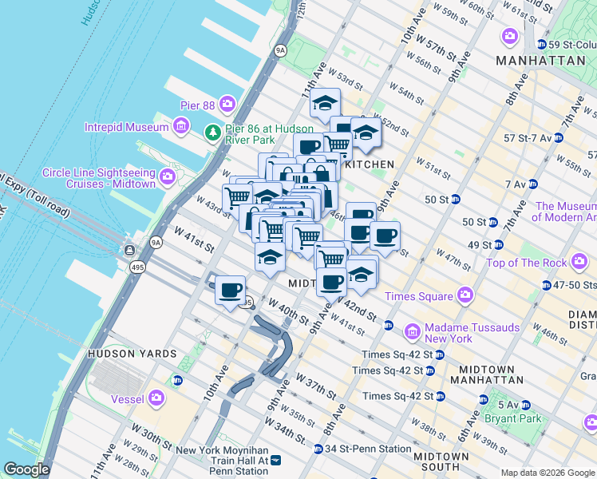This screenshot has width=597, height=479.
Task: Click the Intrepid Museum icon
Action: pos(181,126)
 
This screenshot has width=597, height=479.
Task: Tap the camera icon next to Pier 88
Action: pos(227,104)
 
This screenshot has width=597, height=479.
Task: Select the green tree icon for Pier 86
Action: pos(212,132)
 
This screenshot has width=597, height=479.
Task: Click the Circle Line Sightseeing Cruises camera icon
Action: pos(168,176)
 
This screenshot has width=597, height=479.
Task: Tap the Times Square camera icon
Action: pos(465,296)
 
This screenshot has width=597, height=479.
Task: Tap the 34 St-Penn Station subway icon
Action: pos(318,449)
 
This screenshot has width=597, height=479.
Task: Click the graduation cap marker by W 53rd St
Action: pos(325,103)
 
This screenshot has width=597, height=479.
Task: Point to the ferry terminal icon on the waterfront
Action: pos(128,251)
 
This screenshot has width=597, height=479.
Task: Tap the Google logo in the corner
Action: pos(26,469)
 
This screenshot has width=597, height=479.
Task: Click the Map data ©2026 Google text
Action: pos(548,473)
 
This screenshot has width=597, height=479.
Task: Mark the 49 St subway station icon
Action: pos(499,244)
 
